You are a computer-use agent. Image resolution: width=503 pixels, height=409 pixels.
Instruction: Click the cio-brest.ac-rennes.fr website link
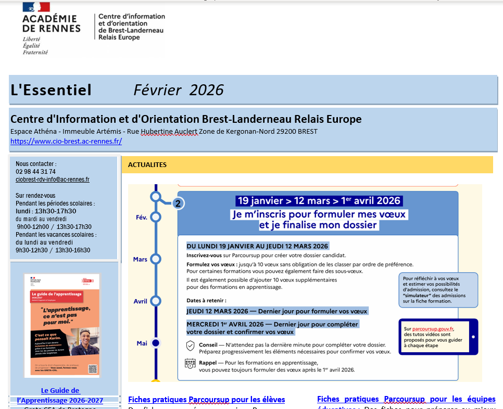66,141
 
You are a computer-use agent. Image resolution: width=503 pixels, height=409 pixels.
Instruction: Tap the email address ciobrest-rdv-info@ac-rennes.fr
53,180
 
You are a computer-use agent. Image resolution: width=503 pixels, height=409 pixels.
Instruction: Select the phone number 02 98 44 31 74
36,172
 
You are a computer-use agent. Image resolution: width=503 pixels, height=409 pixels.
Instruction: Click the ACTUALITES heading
147,165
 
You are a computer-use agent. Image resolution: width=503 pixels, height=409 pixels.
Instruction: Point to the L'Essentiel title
51,90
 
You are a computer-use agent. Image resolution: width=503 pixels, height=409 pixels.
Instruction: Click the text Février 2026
178,90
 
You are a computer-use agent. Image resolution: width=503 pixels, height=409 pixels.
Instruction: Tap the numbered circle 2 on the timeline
178,203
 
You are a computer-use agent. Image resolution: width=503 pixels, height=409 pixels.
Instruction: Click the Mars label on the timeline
140,259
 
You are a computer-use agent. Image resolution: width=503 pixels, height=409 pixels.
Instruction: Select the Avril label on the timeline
141,301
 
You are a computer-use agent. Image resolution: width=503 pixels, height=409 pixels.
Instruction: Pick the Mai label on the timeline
142,343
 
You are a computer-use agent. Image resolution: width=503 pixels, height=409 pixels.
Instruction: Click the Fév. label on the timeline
142,218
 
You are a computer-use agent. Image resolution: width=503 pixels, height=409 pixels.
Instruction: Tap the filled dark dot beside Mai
155,343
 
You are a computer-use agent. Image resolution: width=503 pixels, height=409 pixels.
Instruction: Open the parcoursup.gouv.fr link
433,329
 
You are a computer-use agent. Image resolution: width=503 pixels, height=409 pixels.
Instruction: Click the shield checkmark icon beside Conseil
190,346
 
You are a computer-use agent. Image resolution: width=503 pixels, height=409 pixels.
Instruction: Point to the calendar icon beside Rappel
190,365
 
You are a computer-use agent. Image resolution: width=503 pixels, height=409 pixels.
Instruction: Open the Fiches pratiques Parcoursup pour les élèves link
207,400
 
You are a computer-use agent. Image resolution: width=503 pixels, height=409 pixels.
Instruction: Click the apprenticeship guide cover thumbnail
62,325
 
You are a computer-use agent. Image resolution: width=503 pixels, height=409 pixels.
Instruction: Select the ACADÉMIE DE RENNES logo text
52,23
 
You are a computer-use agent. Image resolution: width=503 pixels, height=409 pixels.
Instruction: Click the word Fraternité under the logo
35,52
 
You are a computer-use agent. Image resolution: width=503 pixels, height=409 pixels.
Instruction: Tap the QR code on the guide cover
93,369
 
